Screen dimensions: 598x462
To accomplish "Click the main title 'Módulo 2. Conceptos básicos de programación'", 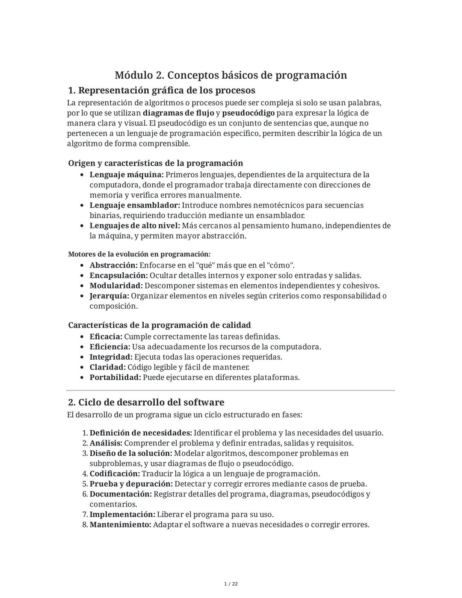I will pos(231,75).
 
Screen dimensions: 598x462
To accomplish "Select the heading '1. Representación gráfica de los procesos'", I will pos(162,90).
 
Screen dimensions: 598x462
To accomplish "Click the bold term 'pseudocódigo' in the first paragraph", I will pos(248,113).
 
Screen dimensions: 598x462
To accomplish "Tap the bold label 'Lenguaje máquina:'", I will pos(127,175).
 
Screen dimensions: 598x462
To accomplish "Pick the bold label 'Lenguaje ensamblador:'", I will pos(135,205).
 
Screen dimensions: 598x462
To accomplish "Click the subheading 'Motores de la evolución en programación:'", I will pos(139,254).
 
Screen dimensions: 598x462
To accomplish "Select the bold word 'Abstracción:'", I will pos(114,265).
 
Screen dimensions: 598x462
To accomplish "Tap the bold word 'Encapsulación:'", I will pos(118,276).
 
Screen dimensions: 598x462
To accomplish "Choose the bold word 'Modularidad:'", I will pos(116,286).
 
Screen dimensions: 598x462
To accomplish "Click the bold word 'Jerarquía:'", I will pos(109,296).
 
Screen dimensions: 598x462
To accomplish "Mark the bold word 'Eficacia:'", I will pos(106,337).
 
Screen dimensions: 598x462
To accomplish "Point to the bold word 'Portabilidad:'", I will pos(115,378).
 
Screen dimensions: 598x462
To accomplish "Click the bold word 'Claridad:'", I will pos(107,367).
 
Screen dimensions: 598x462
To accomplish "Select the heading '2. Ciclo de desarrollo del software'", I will pos(146,402).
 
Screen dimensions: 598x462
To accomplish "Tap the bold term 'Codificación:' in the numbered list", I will pos(115,474).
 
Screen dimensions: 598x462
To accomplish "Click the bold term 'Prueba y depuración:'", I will pos(131,484).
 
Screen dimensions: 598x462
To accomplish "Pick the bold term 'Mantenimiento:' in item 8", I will pos(120,525).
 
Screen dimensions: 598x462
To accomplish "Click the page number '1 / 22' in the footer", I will pos(231,584).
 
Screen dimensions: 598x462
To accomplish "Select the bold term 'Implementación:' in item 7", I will pos(122,515).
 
